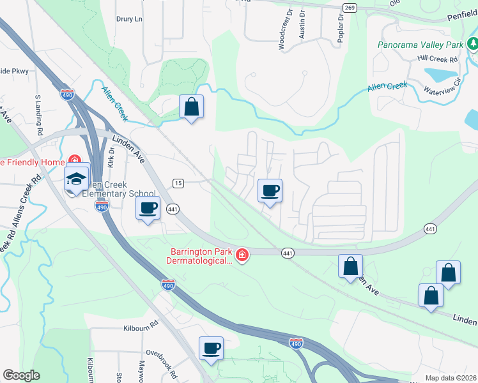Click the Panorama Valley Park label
(x=419, y=45)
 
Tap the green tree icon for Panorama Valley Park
(x=473, y=44)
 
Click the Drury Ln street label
(x=129, y=19)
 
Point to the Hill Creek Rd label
(x=438, y=59)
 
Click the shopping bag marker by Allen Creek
(x=191, y=107)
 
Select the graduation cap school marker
(x=76, y=180)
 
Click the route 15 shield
(x=178, y=183)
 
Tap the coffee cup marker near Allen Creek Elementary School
(x=148, y=207)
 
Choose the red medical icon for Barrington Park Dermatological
(x=242, y=256)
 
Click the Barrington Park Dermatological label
(x=200, y=256)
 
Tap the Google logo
(x=20, y=375)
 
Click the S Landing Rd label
(x=38, y=114)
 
